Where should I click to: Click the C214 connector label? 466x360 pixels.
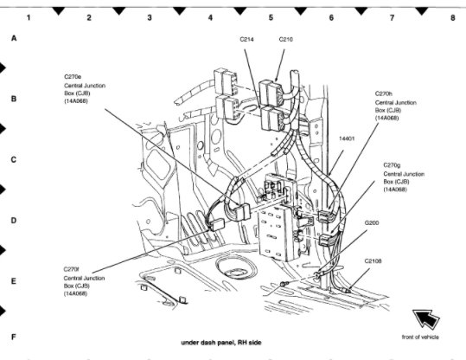click(246, 39)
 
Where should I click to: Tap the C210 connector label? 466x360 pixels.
click(285, 39)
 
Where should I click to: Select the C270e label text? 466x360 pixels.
click(73, 77)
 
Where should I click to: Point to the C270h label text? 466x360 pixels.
click(384, 93)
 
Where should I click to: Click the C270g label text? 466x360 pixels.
click(392, 165)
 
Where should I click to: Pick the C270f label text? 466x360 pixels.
click(71, 269)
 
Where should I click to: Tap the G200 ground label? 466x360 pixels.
click(372, 223)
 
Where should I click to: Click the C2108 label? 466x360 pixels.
click(373, 261)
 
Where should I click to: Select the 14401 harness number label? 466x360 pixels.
click(347, 138)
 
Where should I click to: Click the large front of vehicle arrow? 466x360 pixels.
click(425, 319)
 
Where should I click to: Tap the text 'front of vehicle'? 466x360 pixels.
click(420, 337)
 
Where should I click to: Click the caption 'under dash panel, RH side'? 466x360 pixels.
click(221, 343)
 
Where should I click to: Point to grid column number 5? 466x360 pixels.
click(271, 17)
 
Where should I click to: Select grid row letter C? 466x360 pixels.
click(13, 160)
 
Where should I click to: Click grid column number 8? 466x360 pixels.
click(453, 17)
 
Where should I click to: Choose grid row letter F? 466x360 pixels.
click(13, 337)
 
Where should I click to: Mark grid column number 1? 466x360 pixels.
click(29, 17)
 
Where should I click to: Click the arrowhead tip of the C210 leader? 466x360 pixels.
click(276, 81)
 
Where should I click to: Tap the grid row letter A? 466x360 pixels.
click(14, 38)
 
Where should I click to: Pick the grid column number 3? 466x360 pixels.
click(150, 17)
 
